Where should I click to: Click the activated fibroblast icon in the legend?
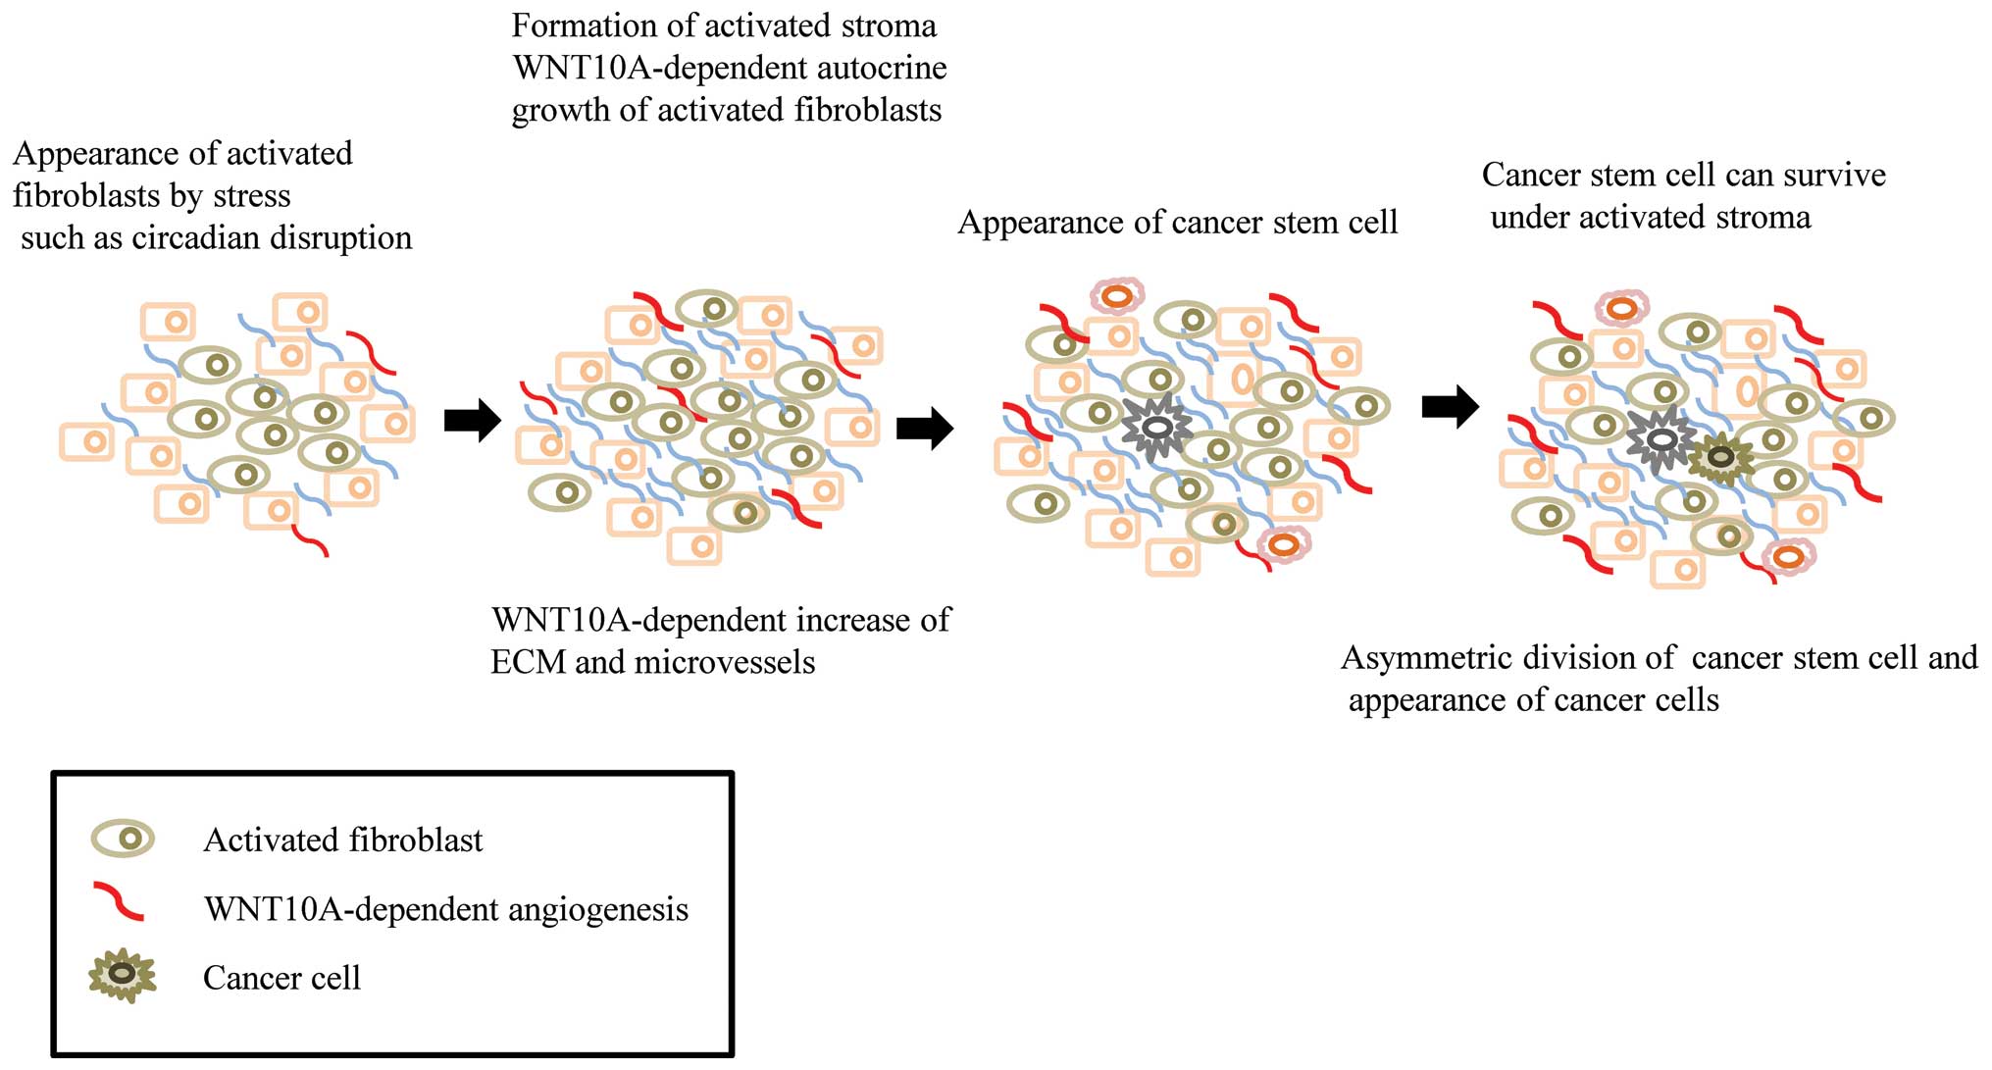(x=123, y=839)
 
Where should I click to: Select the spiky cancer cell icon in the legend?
(x=123, y=975)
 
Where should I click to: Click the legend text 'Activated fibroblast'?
(x=342, y=841)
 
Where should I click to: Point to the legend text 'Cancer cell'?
(x=281, y=978)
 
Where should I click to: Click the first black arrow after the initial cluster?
(x=473, y=421)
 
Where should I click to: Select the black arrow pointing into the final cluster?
(x=1450, y=405)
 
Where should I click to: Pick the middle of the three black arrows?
(x=925, y=428)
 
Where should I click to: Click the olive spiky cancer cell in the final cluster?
(x=1719, y=457)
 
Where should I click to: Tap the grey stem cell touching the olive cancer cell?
(x=1660, y=440)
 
